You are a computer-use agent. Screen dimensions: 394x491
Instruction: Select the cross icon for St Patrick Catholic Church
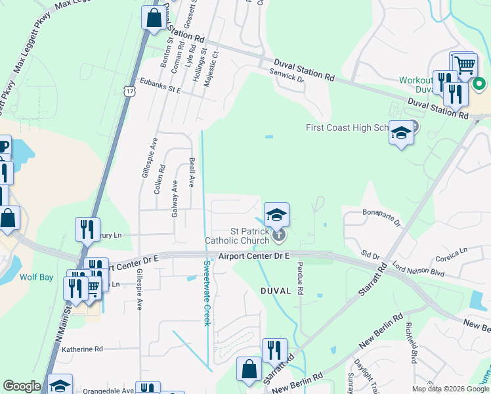click(x=279, y=234)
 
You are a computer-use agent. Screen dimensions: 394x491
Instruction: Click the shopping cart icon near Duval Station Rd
click(x=464, y=64)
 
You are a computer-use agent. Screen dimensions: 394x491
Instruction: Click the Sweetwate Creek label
click(x=206, y=293)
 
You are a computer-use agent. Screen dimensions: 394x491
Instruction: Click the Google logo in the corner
click(x=22, y=386)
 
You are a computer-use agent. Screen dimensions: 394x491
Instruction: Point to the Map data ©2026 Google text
click(x=450, y=389)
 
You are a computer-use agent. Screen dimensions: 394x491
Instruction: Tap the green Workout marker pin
click(x=479, y=84)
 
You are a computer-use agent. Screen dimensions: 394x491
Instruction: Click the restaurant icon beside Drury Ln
click(x=87, y=229)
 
